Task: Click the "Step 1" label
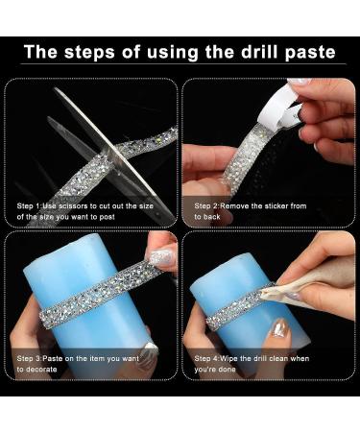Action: pos(33,205)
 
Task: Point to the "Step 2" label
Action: pos(209,205)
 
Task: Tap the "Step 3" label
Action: pos(33,358)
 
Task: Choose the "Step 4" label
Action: pos(209,358)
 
